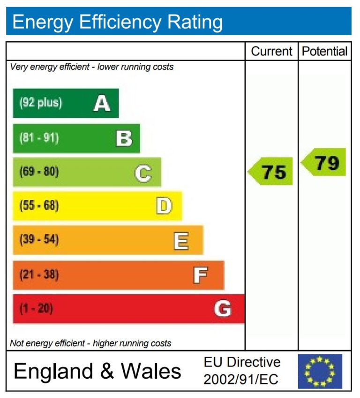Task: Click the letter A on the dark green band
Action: point(102,103)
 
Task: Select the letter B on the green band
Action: point(124,138)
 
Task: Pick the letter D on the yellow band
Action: point(164,206)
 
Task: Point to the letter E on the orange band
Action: point(181,241)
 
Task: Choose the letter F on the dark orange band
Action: point(201,275)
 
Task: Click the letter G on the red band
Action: point(223,309)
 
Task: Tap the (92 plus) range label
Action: point(40,103)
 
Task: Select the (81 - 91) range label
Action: point(39,138)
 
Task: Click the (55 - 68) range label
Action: point(39,206)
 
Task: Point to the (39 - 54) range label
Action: point(39,240)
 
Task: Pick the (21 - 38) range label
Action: point(39,274)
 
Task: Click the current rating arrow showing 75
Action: point(271,172)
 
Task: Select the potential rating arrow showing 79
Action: point(324,163)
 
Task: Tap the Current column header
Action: point(271,51)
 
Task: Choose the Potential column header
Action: point(324,51)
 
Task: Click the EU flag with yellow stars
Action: point(320,371)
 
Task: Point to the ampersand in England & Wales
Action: point(107,371)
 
